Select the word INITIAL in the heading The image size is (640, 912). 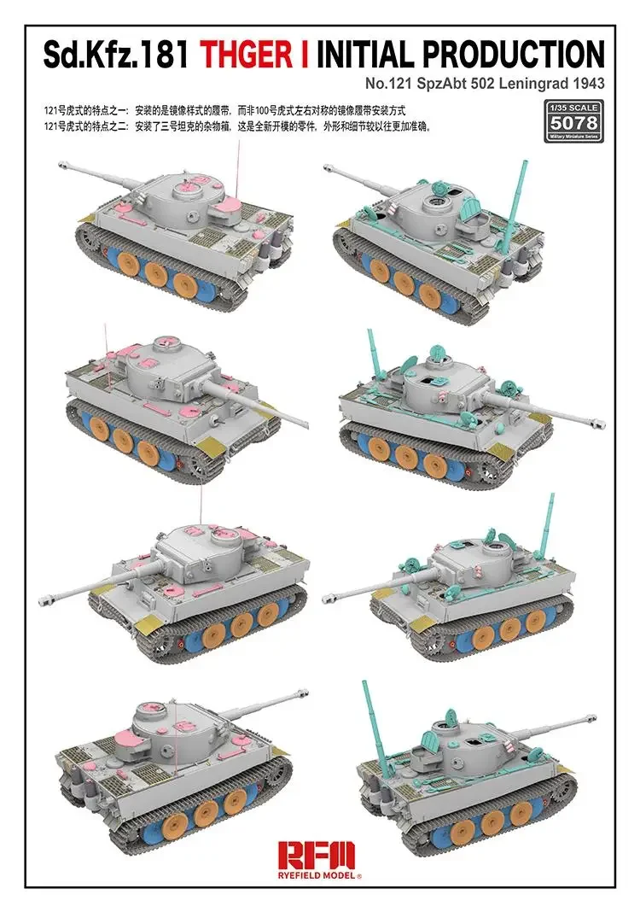pos(368,54)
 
